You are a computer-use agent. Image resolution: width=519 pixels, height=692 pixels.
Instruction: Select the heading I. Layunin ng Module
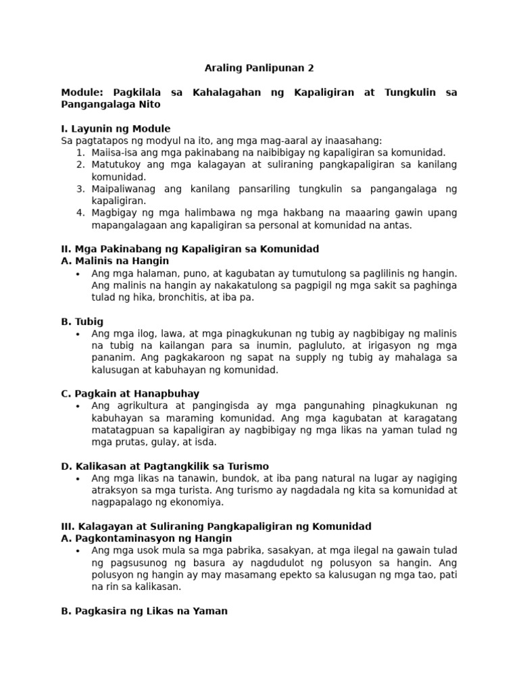point(116,128)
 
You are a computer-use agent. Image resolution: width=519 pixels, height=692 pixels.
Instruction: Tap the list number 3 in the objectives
point(80,189)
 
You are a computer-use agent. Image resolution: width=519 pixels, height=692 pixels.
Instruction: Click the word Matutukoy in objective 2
point(117,165)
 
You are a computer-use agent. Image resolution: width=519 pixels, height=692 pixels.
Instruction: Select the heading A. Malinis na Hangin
point(115,261)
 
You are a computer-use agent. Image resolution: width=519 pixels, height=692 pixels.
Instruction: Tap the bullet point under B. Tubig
point(78,334)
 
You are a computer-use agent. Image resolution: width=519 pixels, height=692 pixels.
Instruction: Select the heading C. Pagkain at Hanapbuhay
point(130,393)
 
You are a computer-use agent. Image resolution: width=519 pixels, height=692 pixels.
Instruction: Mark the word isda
point(203,442)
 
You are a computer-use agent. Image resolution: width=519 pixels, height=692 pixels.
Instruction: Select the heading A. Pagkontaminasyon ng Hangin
point(146,539)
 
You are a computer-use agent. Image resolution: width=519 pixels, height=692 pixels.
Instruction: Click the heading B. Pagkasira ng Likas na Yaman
point(144,611)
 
